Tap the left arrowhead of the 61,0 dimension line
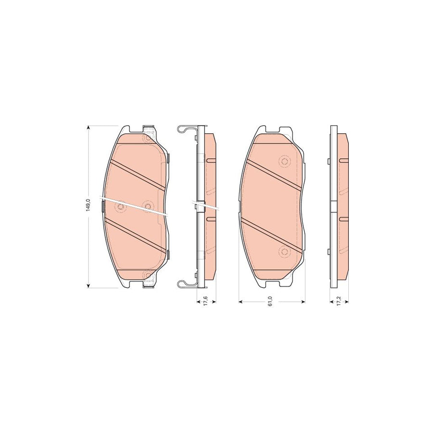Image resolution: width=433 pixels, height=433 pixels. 241,302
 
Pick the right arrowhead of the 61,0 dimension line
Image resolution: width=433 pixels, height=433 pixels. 305,302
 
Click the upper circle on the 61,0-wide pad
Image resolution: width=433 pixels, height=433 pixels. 283,161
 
